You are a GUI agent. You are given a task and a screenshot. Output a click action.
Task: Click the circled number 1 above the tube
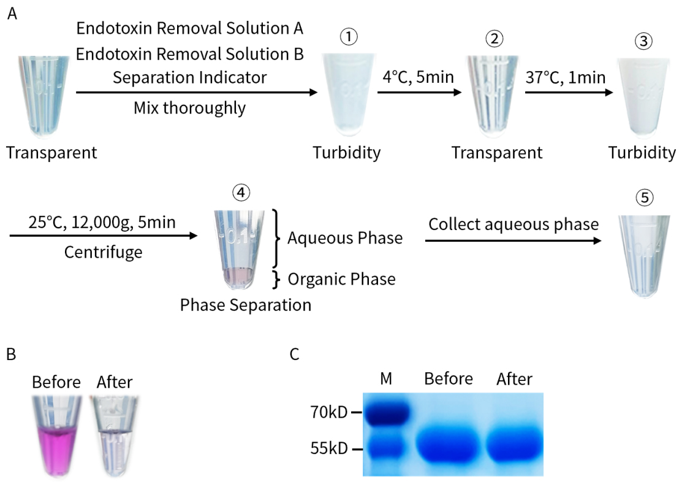tap(349, 37)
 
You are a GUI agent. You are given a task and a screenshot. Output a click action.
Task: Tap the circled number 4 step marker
tap(241, 193)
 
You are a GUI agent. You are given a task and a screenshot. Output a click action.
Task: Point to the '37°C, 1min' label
tap(566, 78)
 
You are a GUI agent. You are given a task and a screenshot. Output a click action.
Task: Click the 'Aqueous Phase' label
tap(345, 238)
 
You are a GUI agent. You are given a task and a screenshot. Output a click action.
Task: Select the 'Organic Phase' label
tap(341, 279)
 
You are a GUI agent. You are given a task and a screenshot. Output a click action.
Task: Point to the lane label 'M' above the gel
tap(386, 379)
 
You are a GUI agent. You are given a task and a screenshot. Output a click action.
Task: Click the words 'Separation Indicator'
tap(190, 78)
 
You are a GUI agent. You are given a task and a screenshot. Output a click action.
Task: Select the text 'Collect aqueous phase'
tap(513, 224)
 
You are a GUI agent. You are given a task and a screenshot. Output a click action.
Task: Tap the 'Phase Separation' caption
tap(246, 304)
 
